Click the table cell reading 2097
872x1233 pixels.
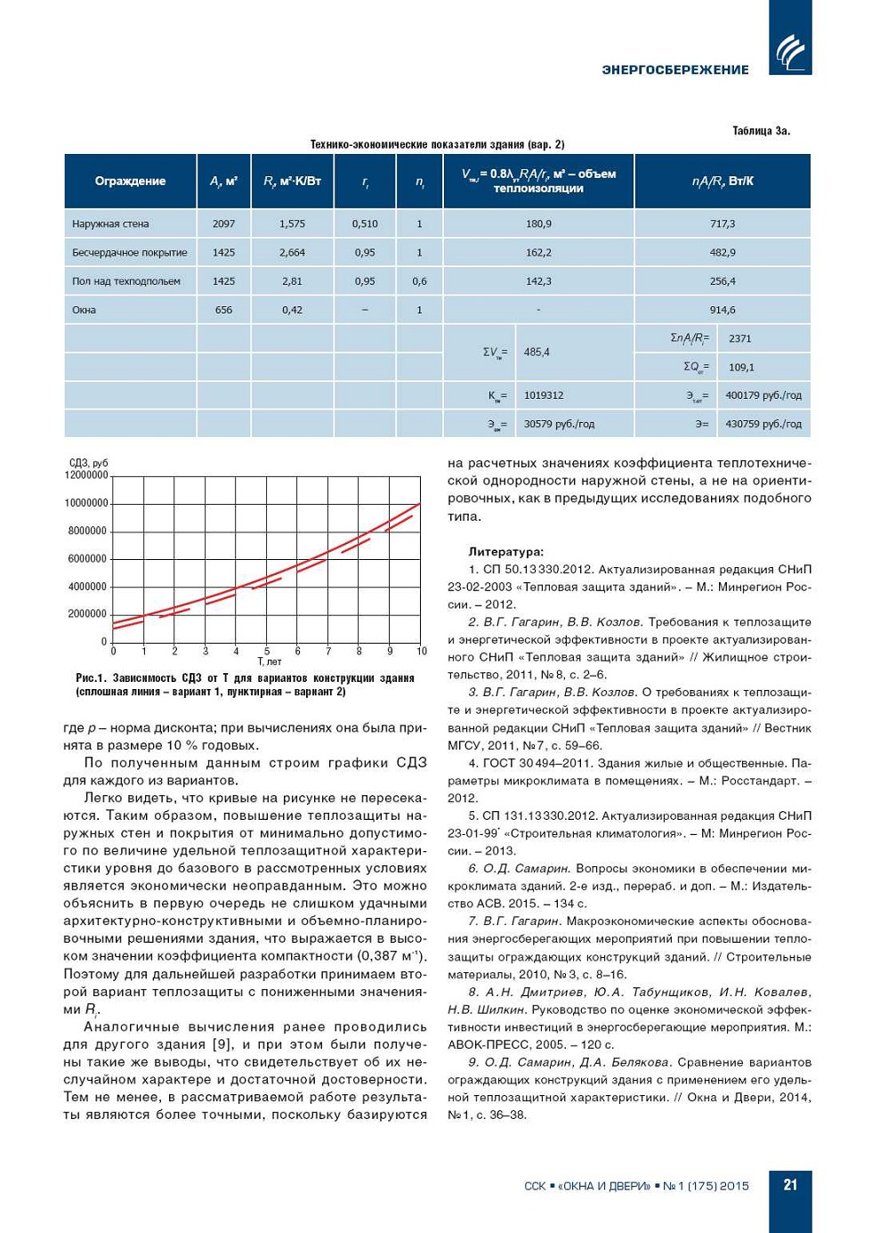(x=223, y=224)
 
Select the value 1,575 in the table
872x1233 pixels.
(x=292, y=224)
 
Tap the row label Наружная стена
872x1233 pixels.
(x=110, y=224)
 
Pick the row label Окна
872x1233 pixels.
(x=84, y=311)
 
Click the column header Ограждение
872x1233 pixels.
(x=130, y=182)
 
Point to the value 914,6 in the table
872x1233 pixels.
(x=723, y=311)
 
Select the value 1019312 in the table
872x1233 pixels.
(x=544, y=395)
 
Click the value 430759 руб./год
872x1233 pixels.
(x=763, y=425)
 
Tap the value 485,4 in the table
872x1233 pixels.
(x=537, y=353)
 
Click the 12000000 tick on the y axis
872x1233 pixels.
(x=86, y=475)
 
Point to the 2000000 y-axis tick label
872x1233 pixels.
(x=87, y=614)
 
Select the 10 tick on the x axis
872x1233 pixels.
(x=422, y=652)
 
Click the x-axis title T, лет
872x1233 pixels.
(x=269, y=662)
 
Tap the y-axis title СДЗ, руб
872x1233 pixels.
(x=88, y=463)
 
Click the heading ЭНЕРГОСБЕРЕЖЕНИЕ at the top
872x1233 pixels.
(x=675, y=69)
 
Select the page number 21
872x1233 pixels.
(x=790, y=1185)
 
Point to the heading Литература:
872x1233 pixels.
(x=505, y=552)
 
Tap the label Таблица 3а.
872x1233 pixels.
(x=761, y=131)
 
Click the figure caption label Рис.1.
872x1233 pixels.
(x=91, y=678)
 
